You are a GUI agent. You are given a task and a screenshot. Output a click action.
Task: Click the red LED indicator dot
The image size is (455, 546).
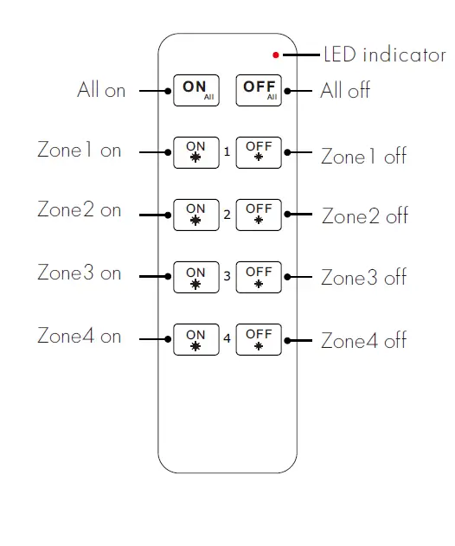[x=276, y=55]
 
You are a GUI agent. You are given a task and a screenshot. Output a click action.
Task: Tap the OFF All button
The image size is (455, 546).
[x=258, y=90]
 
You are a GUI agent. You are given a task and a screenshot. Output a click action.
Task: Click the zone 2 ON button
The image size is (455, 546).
[x=195, y=214]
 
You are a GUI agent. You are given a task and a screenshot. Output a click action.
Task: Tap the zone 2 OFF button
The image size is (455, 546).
[x=258, y=214]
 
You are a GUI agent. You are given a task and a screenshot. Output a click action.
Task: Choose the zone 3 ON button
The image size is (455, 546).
[x=195, y=277]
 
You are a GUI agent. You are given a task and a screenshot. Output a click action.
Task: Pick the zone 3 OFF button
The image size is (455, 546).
[x=258, y=277]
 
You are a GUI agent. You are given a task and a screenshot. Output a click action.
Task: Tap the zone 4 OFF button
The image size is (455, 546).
[x=258, y=339]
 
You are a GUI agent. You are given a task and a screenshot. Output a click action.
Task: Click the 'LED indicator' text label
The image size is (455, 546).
[x=385, y=55]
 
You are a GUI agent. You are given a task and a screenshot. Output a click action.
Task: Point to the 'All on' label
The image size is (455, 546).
[x=101, y=90]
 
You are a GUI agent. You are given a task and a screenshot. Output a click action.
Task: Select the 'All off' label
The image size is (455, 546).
[x=345, y=90]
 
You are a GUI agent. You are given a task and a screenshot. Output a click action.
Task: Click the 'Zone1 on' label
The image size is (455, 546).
[x=80, y=151]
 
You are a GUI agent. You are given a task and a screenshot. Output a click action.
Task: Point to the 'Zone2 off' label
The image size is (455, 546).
[x=364, y=215]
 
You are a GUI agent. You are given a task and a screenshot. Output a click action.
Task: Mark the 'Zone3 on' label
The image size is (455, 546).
[x=80, y=273]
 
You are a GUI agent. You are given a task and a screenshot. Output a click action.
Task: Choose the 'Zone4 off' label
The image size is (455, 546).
[x=364, y=341]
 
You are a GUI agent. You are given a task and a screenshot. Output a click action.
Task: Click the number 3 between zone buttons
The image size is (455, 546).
[x=227, y=277]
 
